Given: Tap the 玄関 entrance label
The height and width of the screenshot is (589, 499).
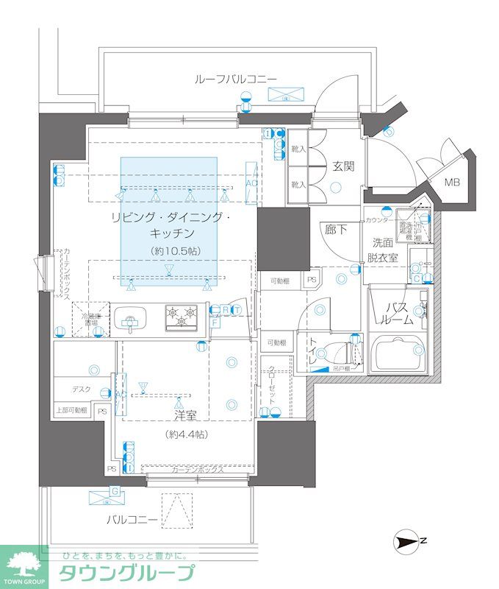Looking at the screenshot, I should pyautogui.click(x=343, y=166).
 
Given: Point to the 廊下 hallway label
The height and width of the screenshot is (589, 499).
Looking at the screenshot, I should pyautogui.click(x=336, y=230).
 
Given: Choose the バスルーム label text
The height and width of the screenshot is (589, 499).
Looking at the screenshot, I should pyautogui.click(x=397, y=313).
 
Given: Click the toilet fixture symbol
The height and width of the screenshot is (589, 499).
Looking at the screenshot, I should pyautogui.click(x=346, y=352).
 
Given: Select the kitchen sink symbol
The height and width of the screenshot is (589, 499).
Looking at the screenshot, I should pyautogui.click(x=131, y=318).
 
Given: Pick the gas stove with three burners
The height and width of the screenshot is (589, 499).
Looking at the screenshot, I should pyautogui.click(x=180, y=317).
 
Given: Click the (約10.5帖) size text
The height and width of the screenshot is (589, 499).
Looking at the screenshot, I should pyautogui.click(x=170, y=250).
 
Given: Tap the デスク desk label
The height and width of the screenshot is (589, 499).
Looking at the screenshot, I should pyautogui.click(x=81, y=389).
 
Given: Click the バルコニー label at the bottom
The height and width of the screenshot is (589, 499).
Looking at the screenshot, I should pyautogui.click(x=132, y=520).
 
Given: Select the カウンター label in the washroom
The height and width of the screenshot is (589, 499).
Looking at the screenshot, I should pyautogui.click(x=379, y=220).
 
